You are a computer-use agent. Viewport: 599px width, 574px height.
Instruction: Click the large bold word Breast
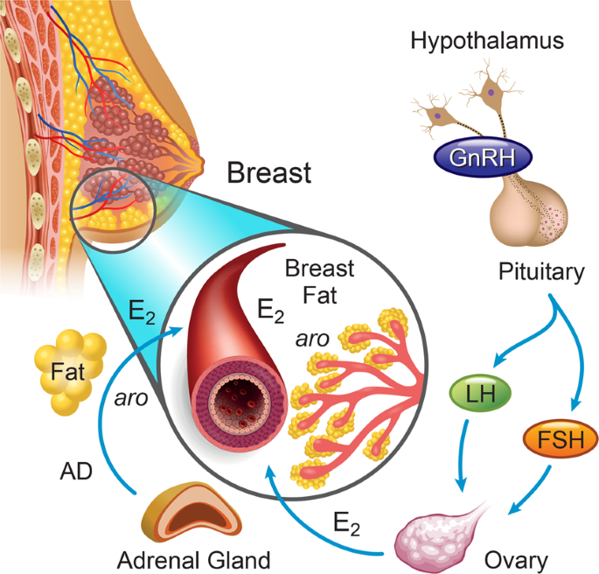(268, 172)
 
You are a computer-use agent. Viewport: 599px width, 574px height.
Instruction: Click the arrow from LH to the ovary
(463, 455)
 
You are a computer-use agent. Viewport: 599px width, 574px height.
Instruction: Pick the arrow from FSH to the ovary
(533, 494)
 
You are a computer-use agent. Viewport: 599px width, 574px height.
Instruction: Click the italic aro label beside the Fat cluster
(129, 399)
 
